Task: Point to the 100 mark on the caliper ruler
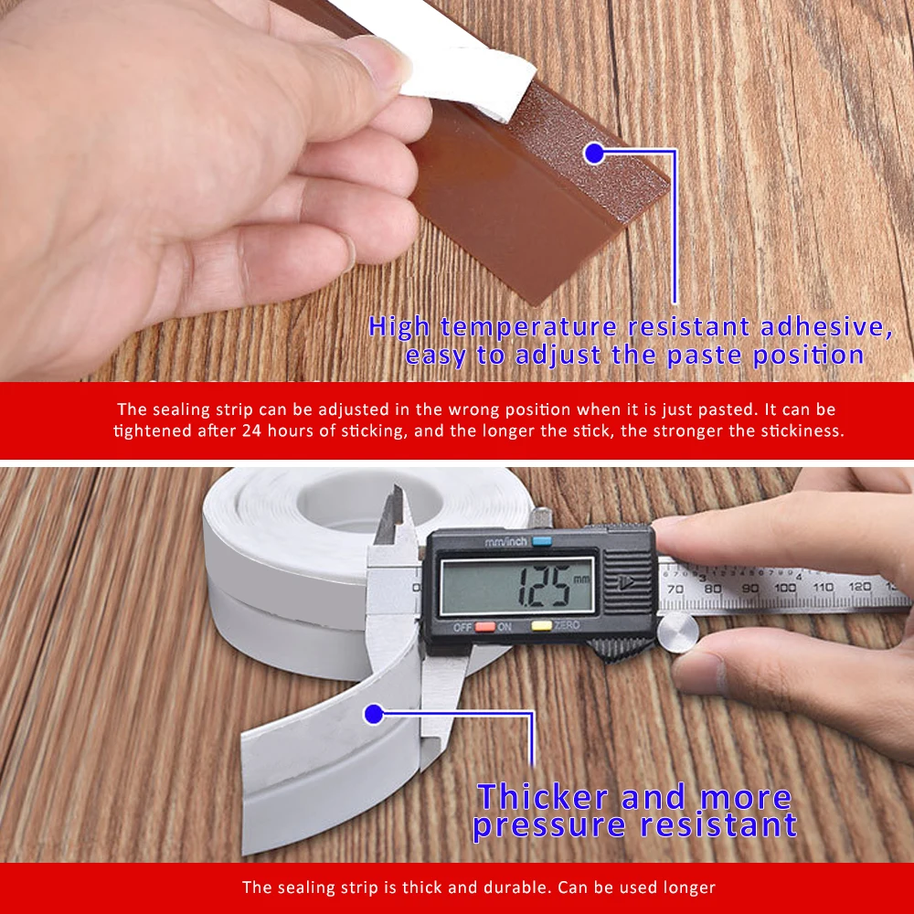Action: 784,588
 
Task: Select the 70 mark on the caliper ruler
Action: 675,590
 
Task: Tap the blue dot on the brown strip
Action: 595,153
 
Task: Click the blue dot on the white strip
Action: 373,714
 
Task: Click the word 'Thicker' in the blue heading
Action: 542,797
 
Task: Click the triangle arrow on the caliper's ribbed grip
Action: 626,580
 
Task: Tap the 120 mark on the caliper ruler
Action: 859,587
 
